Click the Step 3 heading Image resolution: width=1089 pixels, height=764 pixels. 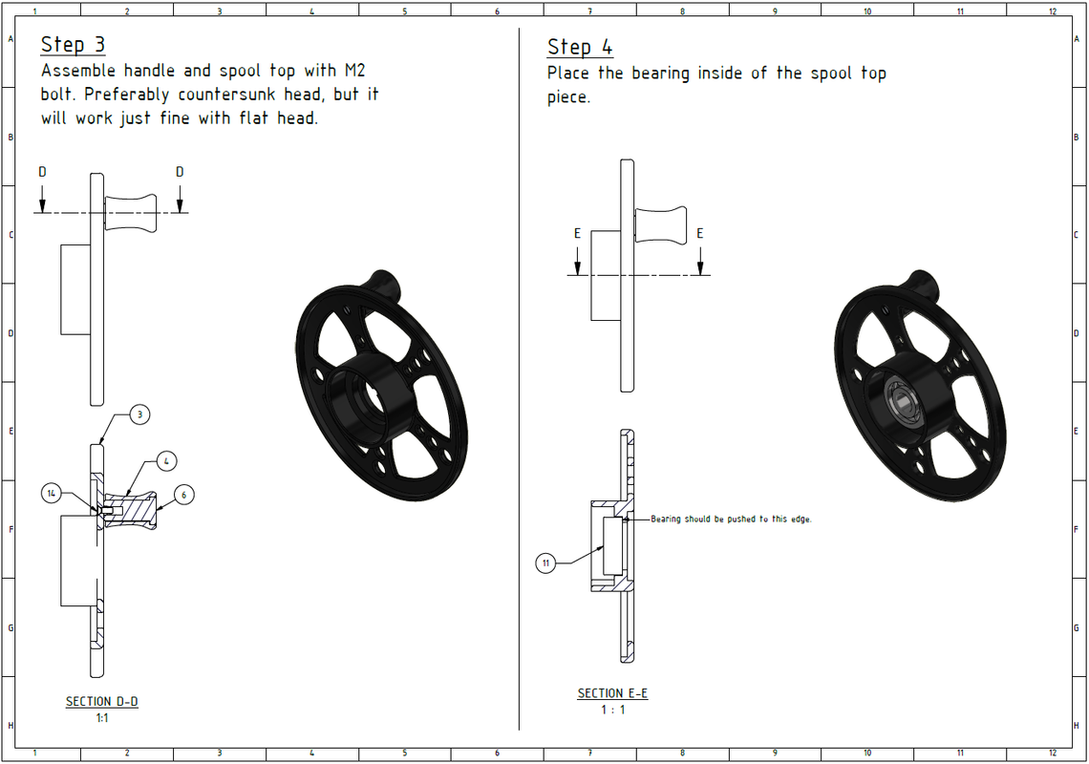click(73, 45)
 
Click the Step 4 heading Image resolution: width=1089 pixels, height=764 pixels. click(580, 47)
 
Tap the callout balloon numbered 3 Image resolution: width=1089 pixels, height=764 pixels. click(139, 414)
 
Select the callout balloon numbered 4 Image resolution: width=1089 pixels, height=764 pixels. click(166, 460)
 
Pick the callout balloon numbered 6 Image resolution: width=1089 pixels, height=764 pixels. click(184, 495)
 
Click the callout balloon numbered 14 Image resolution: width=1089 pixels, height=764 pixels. click(52, 493)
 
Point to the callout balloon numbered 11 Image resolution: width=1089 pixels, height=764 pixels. click(545, 562)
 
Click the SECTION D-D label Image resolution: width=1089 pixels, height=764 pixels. click(102, 702)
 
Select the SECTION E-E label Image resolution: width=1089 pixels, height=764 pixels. click(612, 693)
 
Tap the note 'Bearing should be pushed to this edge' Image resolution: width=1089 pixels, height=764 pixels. click(732, 519)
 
